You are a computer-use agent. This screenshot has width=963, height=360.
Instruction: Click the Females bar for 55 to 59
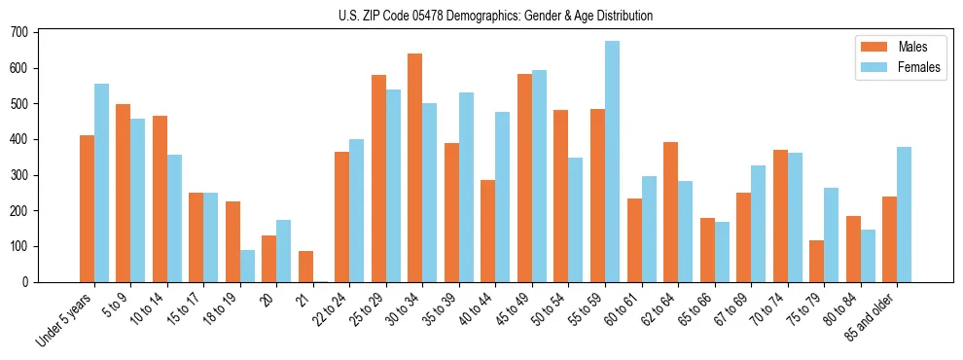click(612, 162)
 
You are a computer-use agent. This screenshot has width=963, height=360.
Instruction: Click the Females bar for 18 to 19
click(247, 266)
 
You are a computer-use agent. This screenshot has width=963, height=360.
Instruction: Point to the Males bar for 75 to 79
click(816, 261)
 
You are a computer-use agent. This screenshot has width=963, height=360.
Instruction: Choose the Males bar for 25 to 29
click(378, 178)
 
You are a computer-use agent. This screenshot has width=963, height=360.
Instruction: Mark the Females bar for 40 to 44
click(502, 197)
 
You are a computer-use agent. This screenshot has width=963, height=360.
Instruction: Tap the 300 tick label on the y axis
click(19, 175)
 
